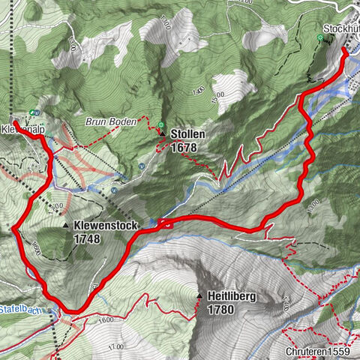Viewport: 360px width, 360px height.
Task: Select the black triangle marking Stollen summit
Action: click(x=163, y=134)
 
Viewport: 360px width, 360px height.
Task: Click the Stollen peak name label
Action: click(x=187, y=133)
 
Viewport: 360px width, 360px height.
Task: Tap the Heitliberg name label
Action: click(x=234, y=297)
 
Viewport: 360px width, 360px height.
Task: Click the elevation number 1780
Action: click(x=223, y=309)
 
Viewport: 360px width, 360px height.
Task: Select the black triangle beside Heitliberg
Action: click(x=199, y=297)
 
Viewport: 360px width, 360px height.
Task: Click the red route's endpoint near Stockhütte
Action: click(x=344, y=50)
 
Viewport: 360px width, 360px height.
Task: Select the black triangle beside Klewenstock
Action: click(x=66, y=226)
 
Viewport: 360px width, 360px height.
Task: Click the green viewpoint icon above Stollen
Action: click(x=160, y=124)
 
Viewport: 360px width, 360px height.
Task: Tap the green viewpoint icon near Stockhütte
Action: click(x=320, y=37)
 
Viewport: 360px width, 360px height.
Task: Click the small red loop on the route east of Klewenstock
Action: click(x=165, y=222)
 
